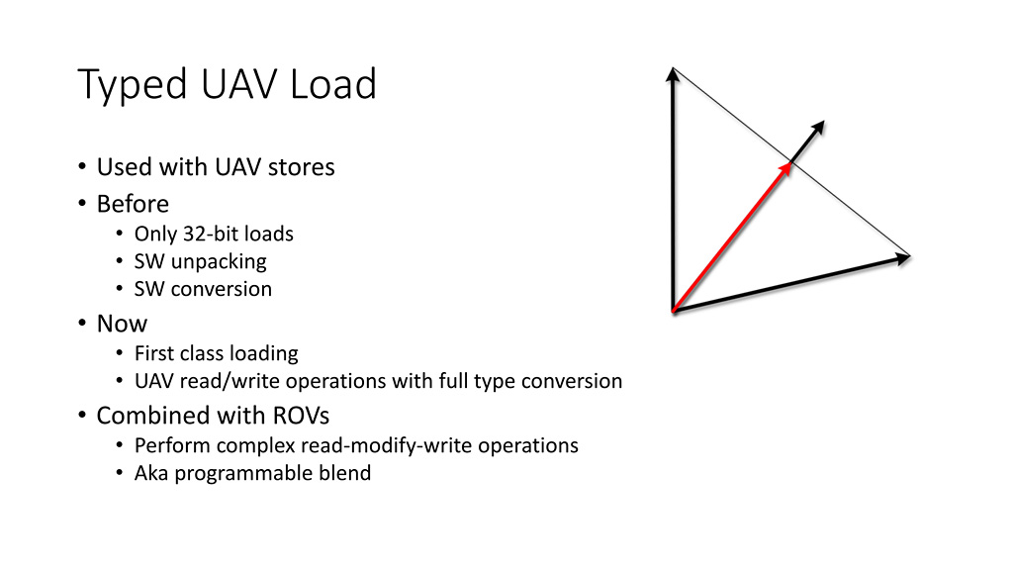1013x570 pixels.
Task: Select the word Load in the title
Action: (333, 84)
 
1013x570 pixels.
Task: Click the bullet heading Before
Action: (133, 204)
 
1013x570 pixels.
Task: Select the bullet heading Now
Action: (122, 324)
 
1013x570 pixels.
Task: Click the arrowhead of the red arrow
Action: (788, 165)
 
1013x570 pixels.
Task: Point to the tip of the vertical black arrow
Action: (673, 69)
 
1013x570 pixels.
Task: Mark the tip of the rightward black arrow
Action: (907, 257)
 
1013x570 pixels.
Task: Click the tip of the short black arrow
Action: (821, 122)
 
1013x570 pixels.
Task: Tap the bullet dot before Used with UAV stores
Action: (81, 167)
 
